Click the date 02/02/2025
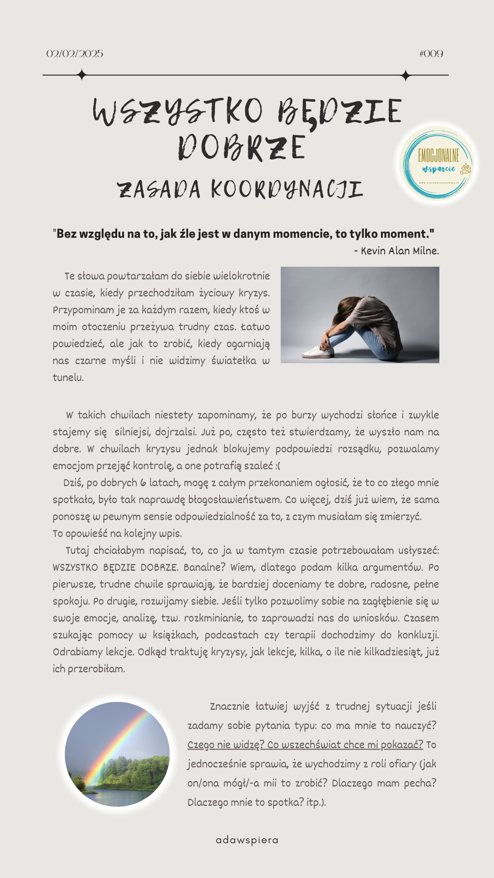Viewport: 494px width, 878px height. [x=75, y=54]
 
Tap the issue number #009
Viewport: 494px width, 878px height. [x=431, y=54]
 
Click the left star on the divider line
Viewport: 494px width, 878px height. [x=82, y=75]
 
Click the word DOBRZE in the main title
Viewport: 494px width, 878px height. [x=242, y=148]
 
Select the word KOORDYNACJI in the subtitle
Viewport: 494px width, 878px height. [x=287, y=190]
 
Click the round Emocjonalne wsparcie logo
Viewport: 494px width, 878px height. [x=438, y=164]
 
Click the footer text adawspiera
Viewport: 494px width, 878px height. [x=247, y=840]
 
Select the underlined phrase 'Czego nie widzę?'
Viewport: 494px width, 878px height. [x=226, y=745]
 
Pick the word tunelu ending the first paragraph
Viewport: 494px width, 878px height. [x=68, y=378]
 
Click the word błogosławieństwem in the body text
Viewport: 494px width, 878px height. [x=234, y=500]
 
